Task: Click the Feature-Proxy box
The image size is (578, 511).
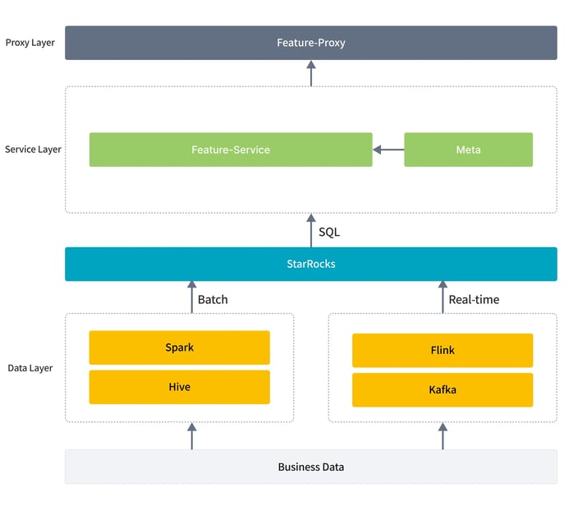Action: (x=310, y=43)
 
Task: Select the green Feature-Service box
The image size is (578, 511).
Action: (x=230, y=150)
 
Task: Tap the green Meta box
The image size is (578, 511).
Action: (x=468, y=150)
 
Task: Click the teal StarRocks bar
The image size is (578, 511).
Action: (x=310, y=264)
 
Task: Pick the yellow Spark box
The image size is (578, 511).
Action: (x=179, y=347)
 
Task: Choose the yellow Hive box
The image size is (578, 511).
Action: (x=179, y=386)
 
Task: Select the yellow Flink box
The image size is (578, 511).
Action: (x=442, y=350)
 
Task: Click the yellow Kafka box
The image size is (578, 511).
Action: (x=442, y=389)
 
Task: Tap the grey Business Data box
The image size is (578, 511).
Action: (x=310, y=466)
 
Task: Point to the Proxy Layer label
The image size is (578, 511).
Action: (x=30, y=42)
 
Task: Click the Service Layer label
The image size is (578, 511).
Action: (x=33, y=150)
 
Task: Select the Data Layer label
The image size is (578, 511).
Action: (x=30, y=368)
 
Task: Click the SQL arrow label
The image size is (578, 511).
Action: (x=328, y=232)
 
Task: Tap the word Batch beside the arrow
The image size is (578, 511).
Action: (x=213, y=299)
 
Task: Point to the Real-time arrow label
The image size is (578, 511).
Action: (x=474, y=299)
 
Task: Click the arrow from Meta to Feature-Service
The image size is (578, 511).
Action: (x=388, y=150)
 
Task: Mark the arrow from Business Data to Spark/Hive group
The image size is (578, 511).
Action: (x=192, y=435)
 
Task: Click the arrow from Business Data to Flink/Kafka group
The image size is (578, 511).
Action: (x=443, y=435)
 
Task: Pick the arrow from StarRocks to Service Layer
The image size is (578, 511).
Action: (x=310, y=230)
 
